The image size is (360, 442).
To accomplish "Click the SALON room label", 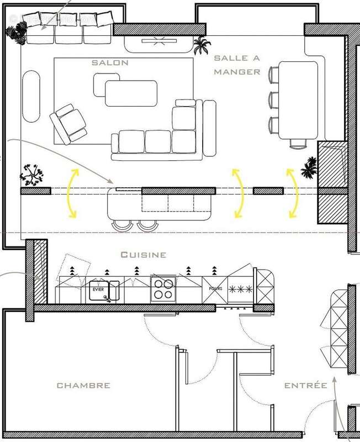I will click(110, 62).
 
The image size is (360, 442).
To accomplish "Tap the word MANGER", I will click(237, 71).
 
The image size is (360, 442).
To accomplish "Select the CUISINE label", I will click(144, 255).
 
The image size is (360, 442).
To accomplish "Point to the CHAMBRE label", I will click(83, 385).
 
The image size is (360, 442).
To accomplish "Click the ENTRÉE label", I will click(305, 385).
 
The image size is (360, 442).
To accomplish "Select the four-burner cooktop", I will click(162, 289).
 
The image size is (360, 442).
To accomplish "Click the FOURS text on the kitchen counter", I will click(215, 288).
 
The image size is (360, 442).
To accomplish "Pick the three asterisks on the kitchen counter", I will click(240, 289).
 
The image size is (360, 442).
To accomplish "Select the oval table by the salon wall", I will click(31, 94).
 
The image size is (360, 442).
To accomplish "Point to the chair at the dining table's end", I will click(298, 144).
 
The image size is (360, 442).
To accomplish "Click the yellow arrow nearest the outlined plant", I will click(72, 190).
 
